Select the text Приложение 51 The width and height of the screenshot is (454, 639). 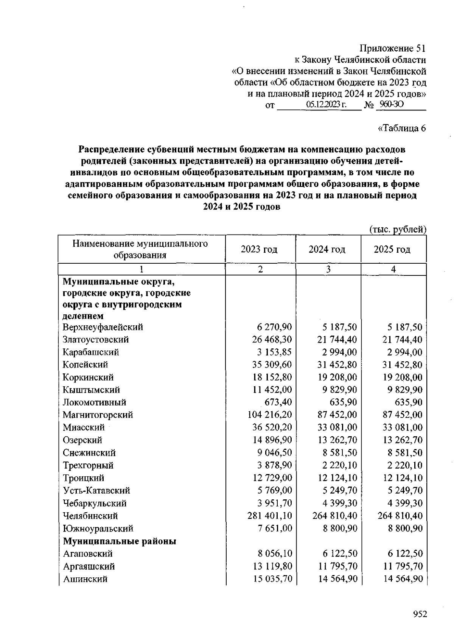click(392, 48)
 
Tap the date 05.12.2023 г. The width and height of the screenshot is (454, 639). click(326, 105)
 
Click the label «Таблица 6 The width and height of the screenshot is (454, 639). click(402, 128)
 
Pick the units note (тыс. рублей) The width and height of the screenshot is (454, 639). click(397, 229)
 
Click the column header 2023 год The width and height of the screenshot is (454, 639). click(259, 249)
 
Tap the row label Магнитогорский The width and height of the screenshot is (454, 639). click(98, 415)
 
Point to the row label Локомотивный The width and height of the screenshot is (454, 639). click(94, 403)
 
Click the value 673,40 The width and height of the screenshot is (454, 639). click(278, 403)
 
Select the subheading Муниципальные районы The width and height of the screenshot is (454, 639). click(120, 541)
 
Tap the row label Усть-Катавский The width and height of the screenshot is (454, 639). click(96, 491)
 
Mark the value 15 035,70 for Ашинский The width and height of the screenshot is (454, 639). click(272, 579)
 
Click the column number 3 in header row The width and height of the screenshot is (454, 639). click(328, 269)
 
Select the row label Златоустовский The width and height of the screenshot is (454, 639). click(96, 340)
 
